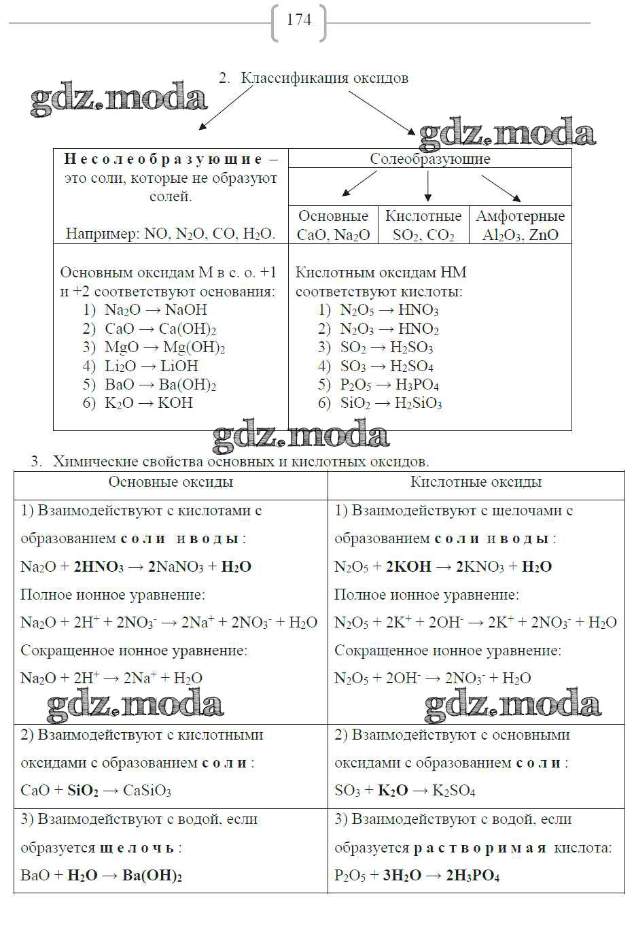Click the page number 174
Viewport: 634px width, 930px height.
(299, 20)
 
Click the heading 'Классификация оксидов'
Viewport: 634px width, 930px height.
(324, 78)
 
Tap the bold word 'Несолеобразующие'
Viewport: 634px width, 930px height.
(163, 159)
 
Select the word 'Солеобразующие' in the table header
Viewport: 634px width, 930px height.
(429, 159)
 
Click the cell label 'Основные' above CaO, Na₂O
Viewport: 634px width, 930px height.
(333, 216)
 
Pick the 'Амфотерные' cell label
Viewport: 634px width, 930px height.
(520, 216)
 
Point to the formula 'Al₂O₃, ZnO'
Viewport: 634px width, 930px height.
(520, 235)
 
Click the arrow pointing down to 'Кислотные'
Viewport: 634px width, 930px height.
(427, 187)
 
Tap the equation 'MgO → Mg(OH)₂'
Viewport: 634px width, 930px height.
(164, 347)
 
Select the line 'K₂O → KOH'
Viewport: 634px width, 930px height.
(149, 403)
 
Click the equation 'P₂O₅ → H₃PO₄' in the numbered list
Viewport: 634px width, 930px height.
(389, 385)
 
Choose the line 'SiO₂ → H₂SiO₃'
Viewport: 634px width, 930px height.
(391, 403)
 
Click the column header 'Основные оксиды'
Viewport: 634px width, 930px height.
(171, 482)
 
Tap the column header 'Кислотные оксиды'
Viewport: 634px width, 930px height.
(476, 482)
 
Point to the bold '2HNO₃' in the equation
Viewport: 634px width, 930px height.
(99, 567)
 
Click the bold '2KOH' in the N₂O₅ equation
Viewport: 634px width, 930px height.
(408, 567)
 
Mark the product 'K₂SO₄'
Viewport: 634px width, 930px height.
(454, 791)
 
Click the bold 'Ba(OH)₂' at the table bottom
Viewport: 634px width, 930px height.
(152, 875)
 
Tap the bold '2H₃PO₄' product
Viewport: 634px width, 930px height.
(472, 875)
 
